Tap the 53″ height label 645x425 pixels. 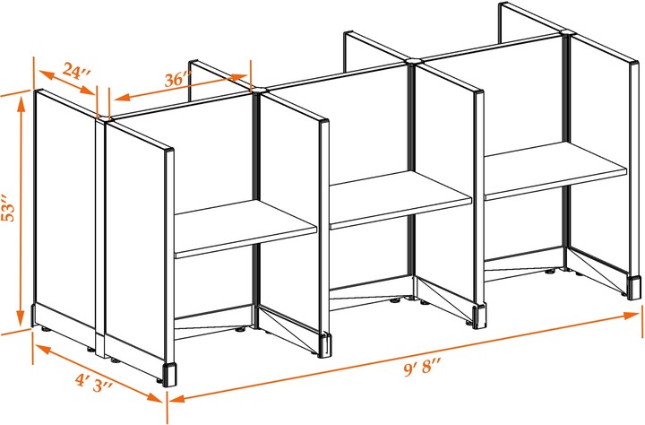(x=8, y=211)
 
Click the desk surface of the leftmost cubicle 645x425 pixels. (x=245, y=229)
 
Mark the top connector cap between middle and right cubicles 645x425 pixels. (x=413, y=61)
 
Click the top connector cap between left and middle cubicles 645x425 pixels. (x=259, y=89)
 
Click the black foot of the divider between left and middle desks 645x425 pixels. (x=324, y=344)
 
